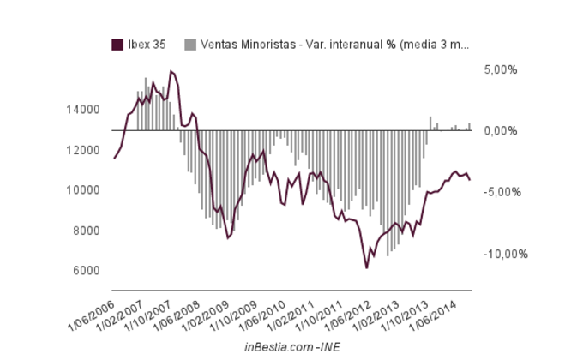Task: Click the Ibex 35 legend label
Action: [x=147, y=44]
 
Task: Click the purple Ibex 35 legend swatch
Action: [x=117, y=44]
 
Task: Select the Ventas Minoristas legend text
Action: [x=334, y=44]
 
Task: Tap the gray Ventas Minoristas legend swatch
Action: [x=189, y=44]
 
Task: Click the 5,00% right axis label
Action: [x=500, y=69]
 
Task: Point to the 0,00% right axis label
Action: [x=500, y=131]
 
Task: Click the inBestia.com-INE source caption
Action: [x=291, y=346]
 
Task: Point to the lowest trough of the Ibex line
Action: [x=366, y=268]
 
